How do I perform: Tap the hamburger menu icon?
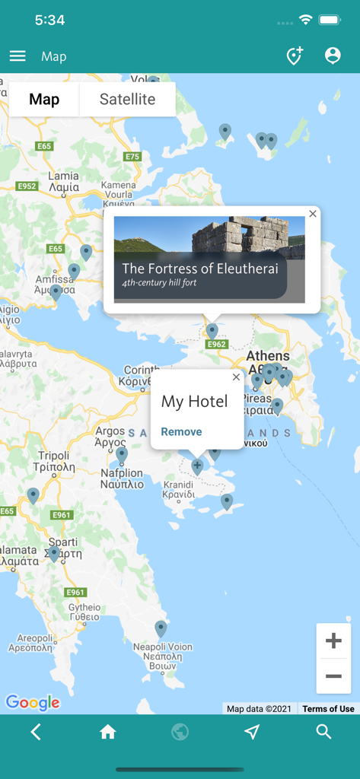[x=18, y=56]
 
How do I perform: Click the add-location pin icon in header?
[x=295, y=56]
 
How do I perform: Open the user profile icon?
[x=333, y=56]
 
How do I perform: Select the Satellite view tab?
[x=127, y=100]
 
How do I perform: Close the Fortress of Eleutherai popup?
[x=313, y=215]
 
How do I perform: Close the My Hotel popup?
[x=236, y=377]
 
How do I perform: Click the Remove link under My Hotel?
[x=181, y=432]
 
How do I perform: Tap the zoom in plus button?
[x=333, y=641]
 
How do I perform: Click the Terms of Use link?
[x=328, y=709]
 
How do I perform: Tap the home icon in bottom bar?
[x=108, y=732]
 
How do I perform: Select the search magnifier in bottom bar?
[x=323, y=732]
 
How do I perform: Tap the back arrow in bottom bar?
[x=36, y=732]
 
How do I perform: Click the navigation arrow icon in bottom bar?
[x=252, y=732]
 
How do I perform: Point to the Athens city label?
[x=268, y=356]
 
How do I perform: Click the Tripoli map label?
[x=53, y=456]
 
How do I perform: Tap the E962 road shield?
[x=217, y=345]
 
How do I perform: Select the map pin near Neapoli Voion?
[x=161, y=628]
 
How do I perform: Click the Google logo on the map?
[x=33, y=703]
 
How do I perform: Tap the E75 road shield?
[x=132, y=157]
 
